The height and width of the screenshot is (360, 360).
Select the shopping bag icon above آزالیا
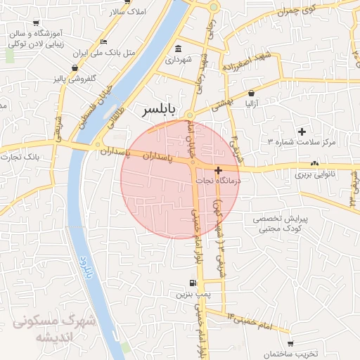coord(252,93)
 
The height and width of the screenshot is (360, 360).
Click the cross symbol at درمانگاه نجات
coord(218,169)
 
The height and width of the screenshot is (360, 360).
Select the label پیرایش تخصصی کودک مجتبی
coord(276,224)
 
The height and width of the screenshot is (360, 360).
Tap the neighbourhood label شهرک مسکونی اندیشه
coord(46,328)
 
